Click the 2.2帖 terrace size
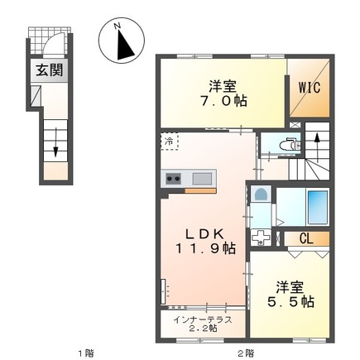tap(200, 329)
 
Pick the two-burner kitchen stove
tap(175, 178)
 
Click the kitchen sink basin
tap(202, 178)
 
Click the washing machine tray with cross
tap(261, 238)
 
